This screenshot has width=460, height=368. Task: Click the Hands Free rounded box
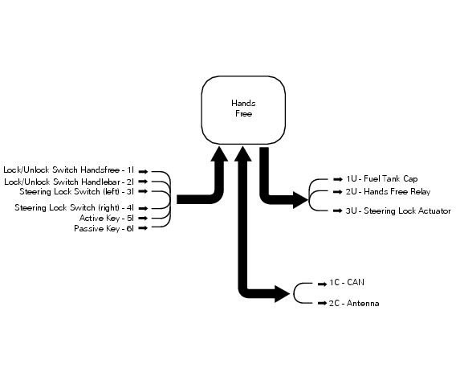[x=242, y=109]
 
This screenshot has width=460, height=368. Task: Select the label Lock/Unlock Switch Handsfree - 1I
[x=69, y=170]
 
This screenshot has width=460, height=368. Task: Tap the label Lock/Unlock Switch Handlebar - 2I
[x=70, y=182]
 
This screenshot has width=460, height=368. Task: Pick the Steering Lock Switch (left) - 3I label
[x=77, y=191]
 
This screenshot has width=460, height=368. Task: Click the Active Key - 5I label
[x=106, y=218]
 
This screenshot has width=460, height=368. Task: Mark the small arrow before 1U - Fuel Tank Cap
[x=337, y=178]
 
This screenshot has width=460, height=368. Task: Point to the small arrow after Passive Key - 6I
[x=142, y=229]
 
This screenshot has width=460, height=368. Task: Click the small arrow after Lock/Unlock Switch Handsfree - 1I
[x=142, y=170]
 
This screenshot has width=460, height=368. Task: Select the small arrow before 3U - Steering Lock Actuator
[x=337, y=211]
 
